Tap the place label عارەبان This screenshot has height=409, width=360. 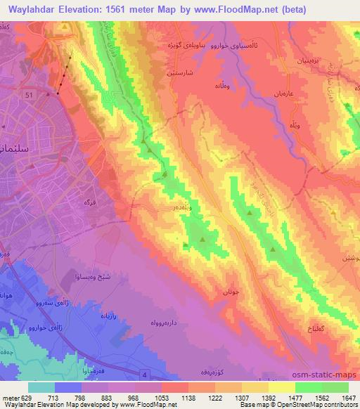point(281,93)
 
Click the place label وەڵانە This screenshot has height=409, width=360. point(209,86)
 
